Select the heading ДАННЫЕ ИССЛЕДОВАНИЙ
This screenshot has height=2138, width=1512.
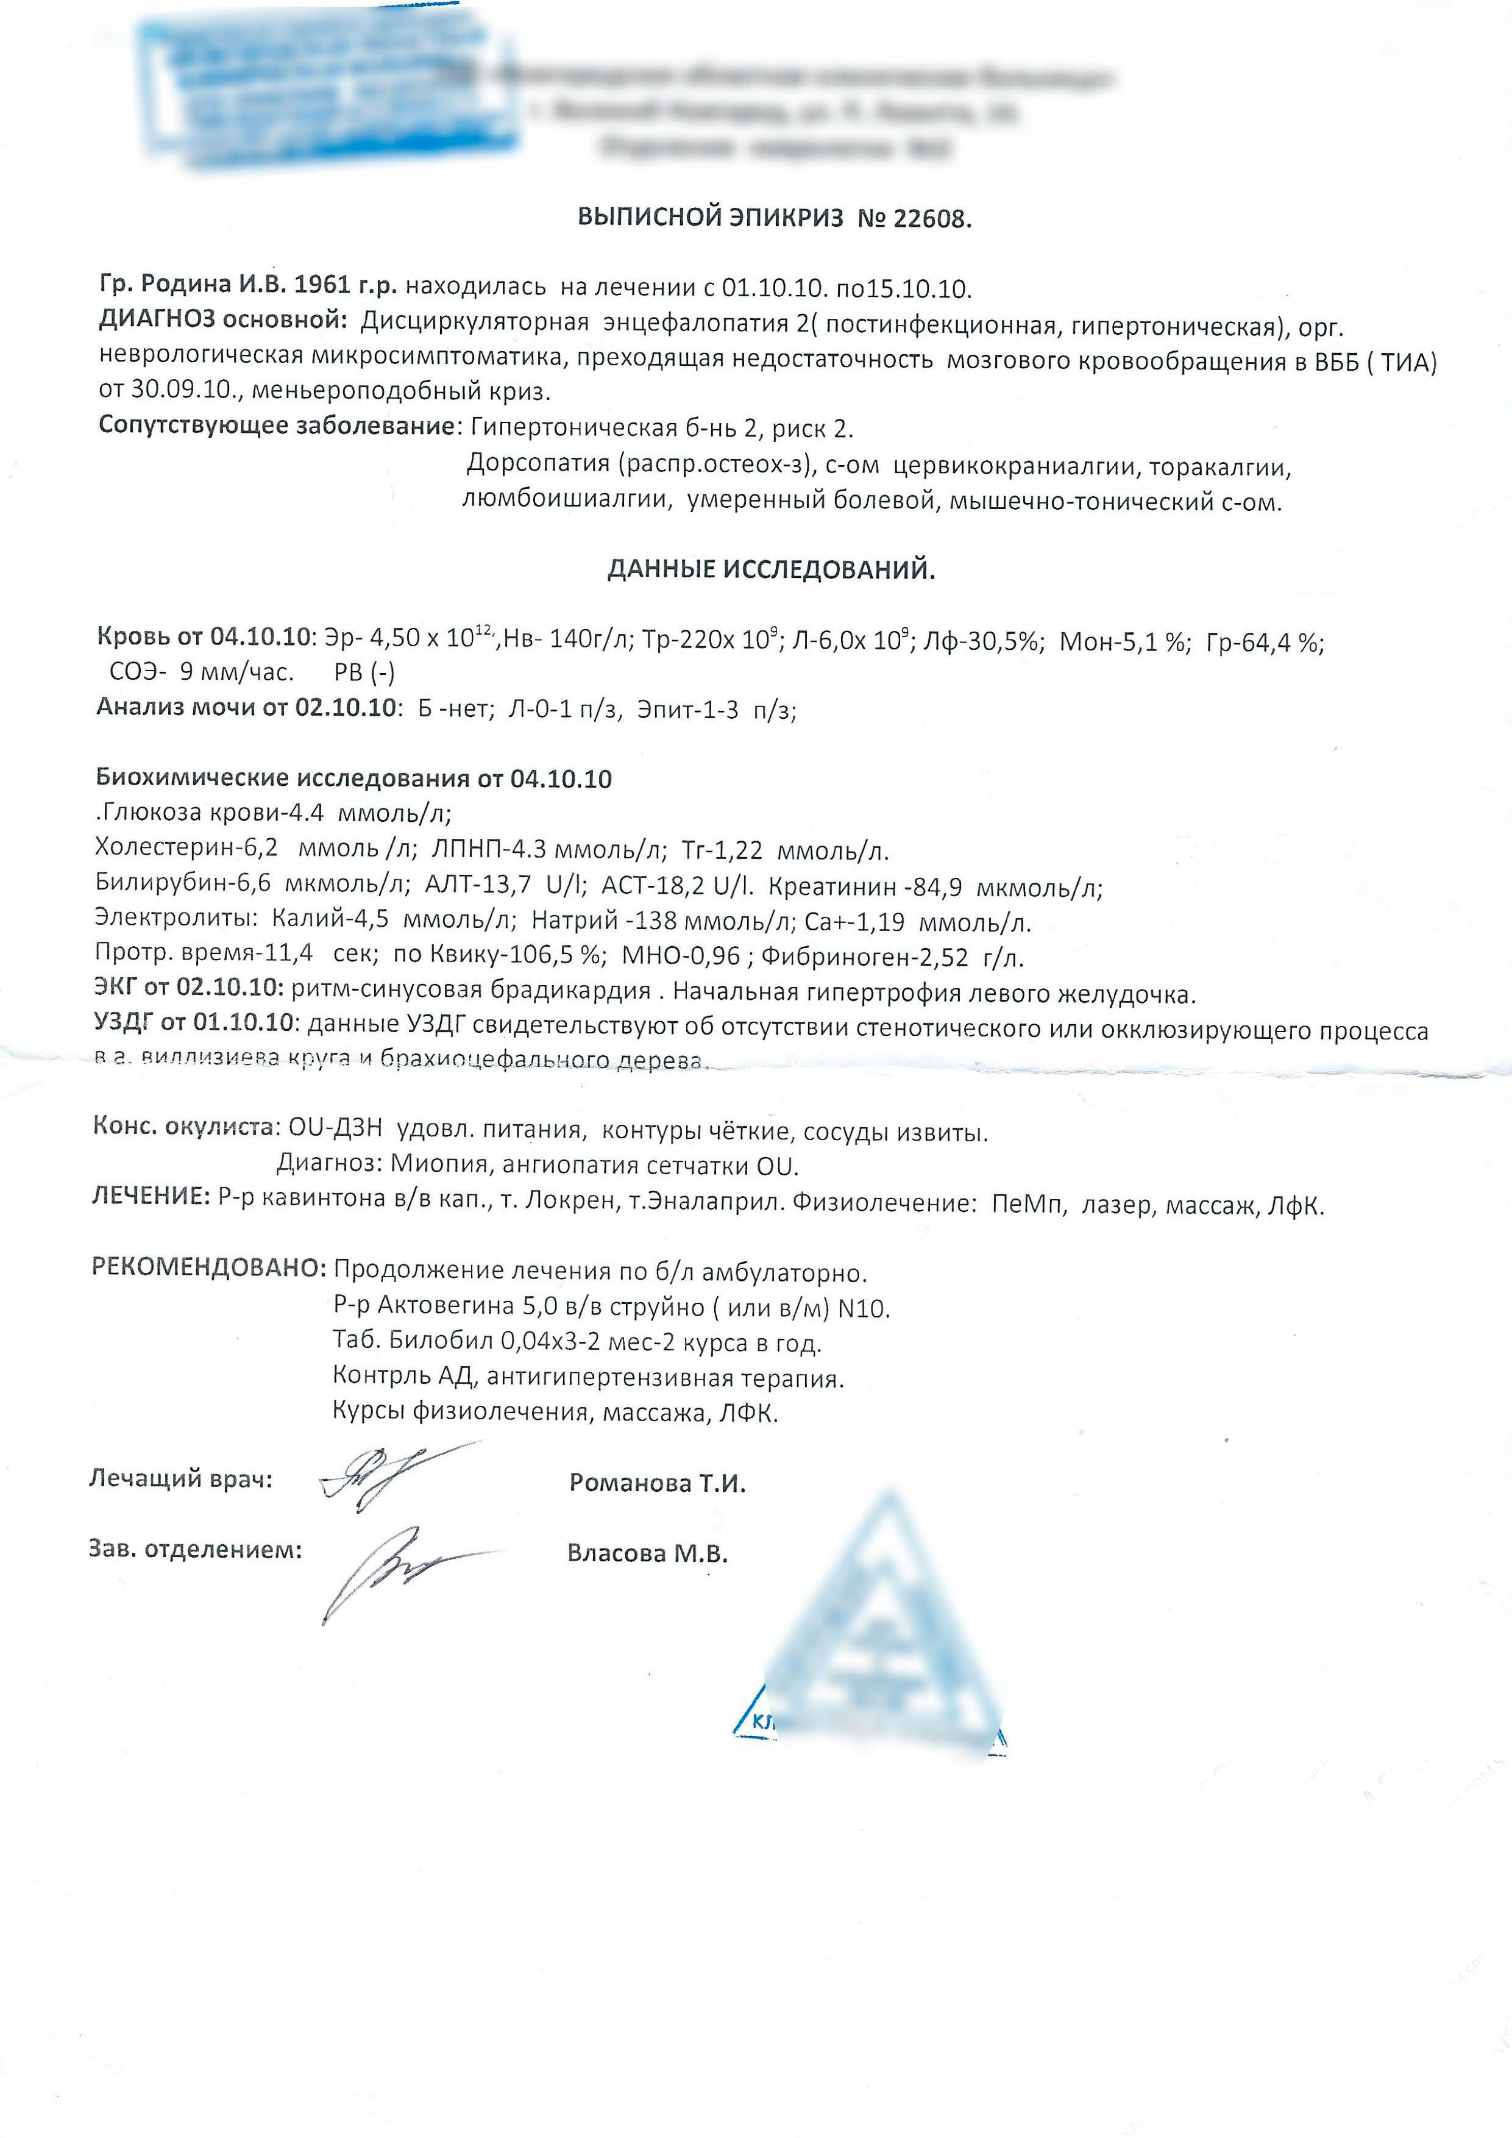(771, 570)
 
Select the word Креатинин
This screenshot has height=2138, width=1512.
(831, 886)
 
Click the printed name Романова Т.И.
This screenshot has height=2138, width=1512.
(658, 1483)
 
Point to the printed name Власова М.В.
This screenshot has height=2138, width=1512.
(647, 1553)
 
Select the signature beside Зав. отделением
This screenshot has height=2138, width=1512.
(400, 1573)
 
